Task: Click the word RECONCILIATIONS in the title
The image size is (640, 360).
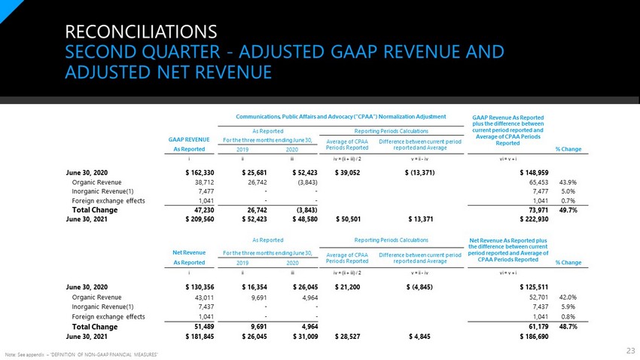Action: (x=141, y=32)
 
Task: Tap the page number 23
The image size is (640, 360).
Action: (x=631, y=351)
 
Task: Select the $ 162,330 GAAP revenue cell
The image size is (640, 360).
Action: (x=200, y=172)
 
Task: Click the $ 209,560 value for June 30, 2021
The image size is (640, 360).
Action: (x=200, y=219)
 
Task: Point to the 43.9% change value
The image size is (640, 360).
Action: (x=568, y=182)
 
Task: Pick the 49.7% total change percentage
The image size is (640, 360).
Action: (x=568, y=210)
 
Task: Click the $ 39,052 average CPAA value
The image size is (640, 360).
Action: (x=347, y=172)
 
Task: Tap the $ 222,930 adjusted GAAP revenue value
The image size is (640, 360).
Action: (x=534, y=219)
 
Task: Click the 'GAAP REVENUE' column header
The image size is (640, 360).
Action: (x=189, y=139)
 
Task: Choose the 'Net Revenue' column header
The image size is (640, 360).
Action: (x=189, y=252)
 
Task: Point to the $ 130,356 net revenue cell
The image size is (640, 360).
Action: (x=200, y=287)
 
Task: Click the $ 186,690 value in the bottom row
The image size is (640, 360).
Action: (x=534, y=337)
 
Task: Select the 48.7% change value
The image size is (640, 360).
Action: (x=568, y=327)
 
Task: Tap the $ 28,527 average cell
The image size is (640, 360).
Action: (x=347, y=337)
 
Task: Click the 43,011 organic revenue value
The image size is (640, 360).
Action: (x=204, y=297)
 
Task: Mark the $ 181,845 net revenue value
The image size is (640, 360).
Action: (x=200, y=337)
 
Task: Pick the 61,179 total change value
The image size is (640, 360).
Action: (x=538, y=327)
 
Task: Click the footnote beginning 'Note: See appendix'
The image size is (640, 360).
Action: (x=81, y=355)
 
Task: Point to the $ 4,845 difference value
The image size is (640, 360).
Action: (x=419, y=337)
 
